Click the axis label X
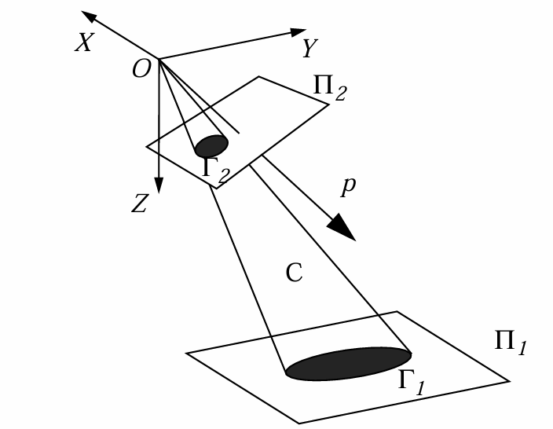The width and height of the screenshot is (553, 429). coord(83,43)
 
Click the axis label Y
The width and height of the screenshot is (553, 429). coord(309,49)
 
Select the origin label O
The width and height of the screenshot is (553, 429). coord(141,70)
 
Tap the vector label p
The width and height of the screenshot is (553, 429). coord(350,186)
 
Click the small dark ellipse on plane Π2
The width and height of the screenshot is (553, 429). coord(211,145)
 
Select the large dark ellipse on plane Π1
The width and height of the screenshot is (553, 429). coord(348,363)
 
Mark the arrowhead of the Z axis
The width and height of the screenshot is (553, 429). coord(159,185)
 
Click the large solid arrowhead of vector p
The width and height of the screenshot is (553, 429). coord(342,228)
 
